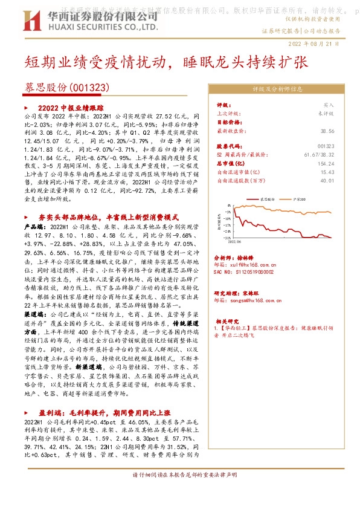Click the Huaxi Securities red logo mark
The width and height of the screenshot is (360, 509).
click(x=34, y=16)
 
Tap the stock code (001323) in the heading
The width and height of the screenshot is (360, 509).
click(x=91, y=87)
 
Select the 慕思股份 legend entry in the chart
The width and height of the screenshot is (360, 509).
click(x=266, y=198)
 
